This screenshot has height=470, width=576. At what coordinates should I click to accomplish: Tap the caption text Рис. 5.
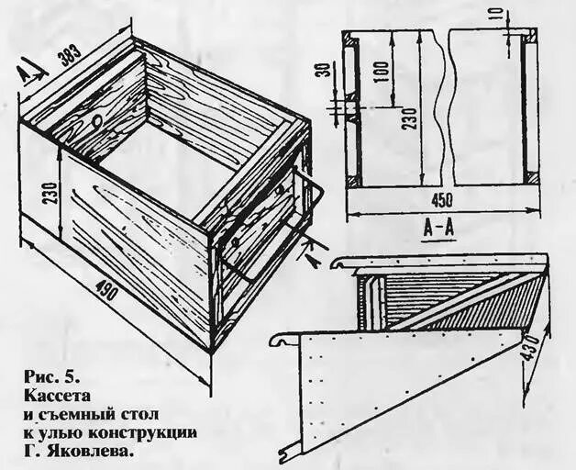(x=53, y=376)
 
